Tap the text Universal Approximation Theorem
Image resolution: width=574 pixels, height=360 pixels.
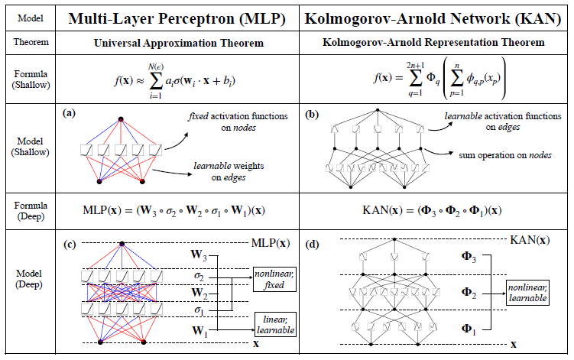pos(184,43)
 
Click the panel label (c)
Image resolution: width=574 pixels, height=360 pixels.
pos(70,245)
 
